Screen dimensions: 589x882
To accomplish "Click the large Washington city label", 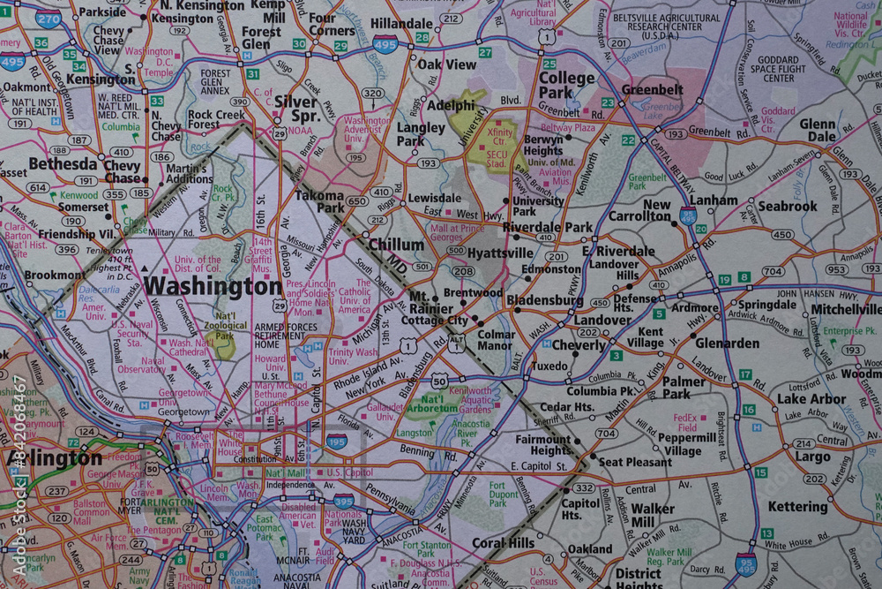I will pyautogui.click(x=213, y=286).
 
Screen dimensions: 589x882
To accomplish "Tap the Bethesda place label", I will pyautogui.click(x=63, y=164).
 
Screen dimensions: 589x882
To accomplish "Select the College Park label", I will pyautogui.click(x=566, y=85).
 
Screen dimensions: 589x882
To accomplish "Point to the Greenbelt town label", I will pyautogui.click(x=652, y=90).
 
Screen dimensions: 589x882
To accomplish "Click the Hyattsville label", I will pyautogui.click(x=500, y=253).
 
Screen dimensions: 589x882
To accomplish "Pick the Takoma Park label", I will pyautogui.click(x=318, y=201).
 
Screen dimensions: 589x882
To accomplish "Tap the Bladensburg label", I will pyautogui.click(x=544, y=301).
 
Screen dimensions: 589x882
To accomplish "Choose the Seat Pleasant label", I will pyautogui.click(x=635, y=462).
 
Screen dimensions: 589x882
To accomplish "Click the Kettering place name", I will pyautogui.click(x=797, y=507).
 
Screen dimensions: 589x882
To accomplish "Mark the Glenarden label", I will pyautogui.click(x=727, y=344).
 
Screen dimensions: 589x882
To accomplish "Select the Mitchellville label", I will pyautogui.click(x=844, y=310).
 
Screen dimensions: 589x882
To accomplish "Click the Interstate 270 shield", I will pyautogui.click(x=48, y=18).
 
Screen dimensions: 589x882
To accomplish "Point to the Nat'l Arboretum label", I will pyautogui.click(x=432, y=404).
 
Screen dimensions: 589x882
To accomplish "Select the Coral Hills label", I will pyautogui.click(x=503, y=543).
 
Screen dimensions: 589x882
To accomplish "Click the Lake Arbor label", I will pyautogui.click(x=811, y=399).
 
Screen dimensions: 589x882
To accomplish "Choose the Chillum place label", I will pyautogui.click(x=396, y=244).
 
